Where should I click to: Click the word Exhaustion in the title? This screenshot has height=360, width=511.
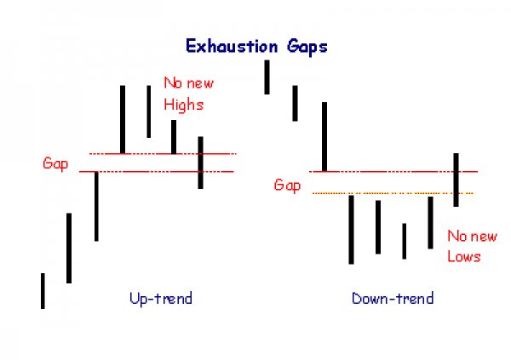(x=232, y=46)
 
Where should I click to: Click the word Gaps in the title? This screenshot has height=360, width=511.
(x=307, y=48)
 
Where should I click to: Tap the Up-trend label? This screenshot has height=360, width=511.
(x=161, y=298)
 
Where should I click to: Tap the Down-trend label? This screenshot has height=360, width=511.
(x=393, y=298)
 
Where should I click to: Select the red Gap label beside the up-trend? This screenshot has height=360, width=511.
(x=55, y=163)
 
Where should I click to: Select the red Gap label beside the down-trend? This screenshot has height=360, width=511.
(x=287, y=186)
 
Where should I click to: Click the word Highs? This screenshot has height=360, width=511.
(x=183, y=106)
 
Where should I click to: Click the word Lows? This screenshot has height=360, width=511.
(x=464, y=256)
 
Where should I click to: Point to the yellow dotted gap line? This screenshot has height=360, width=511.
(x=393, y=193)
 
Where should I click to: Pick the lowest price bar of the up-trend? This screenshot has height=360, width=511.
(x=43, y=291)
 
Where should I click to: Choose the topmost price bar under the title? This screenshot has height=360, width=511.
(x=267, y=77)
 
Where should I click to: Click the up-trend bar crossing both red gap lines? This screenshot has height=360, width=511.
(x=200, y=163)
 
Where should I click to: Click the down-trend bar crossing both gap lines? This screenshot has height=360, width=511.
(x=456, y=180)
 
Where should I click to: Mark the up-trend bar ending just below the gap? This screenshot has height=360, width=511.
(x=96, y=207)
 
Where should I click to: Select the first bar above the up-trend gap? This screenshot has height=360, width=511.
(x=123, y=119)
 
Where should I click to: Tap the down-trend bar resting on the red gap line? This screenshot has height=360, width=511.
(x=324, y=137)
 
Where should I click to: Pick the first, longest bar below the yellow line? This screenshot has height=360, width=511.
(x=351, y=230)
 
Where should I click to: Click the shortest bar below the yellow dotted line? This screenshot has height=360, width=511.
(x=404, y=242)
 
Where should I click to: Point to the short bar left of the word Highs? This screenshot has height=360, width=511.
(x=174, y=137)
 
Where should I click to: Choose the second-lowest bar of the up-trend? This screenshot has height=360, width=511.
(x=69, y=249)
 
